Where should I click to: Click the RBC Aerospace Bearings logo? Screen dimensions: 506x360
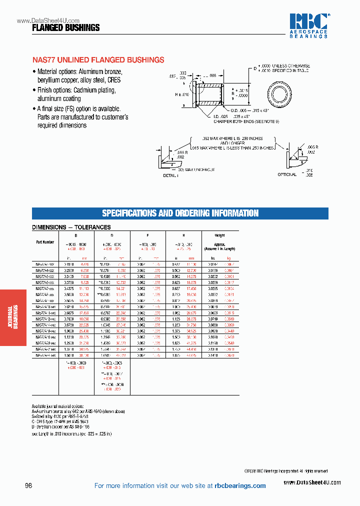point(309,25)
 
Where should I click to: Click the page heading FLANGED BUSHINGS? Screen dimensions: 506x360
point(65,28)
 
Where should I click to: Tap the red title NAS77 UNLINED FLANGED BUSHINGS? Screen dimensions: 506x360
point(98,60)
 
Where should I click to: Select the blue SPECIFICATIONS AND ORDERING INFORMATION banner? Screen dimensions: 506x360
point(180,213)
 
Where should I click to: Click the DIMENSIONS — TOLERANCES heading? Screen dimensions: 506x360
point(71,227)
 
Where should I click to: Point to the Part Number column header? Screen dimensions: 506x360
point(45,241)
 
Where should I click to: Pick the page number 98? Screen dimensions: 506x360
point(28,485)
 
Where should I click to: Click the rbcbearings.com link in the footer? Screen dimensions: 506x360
point(240,485)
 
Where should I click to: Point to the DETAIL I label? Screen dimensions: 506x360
point(170,175)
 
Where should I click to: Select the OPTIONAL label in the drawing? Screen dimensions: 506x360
point(287,174)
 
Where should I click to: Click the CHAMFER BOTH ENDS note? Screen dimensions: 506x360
point(246,121)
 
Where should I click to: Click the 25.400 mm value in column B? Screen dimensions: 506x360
point(84,331)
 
